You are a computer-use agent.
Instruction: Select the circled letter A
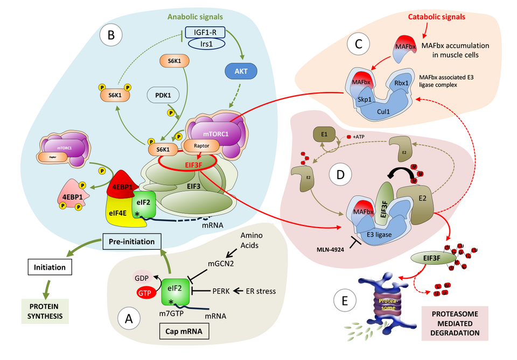[129, 319]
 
